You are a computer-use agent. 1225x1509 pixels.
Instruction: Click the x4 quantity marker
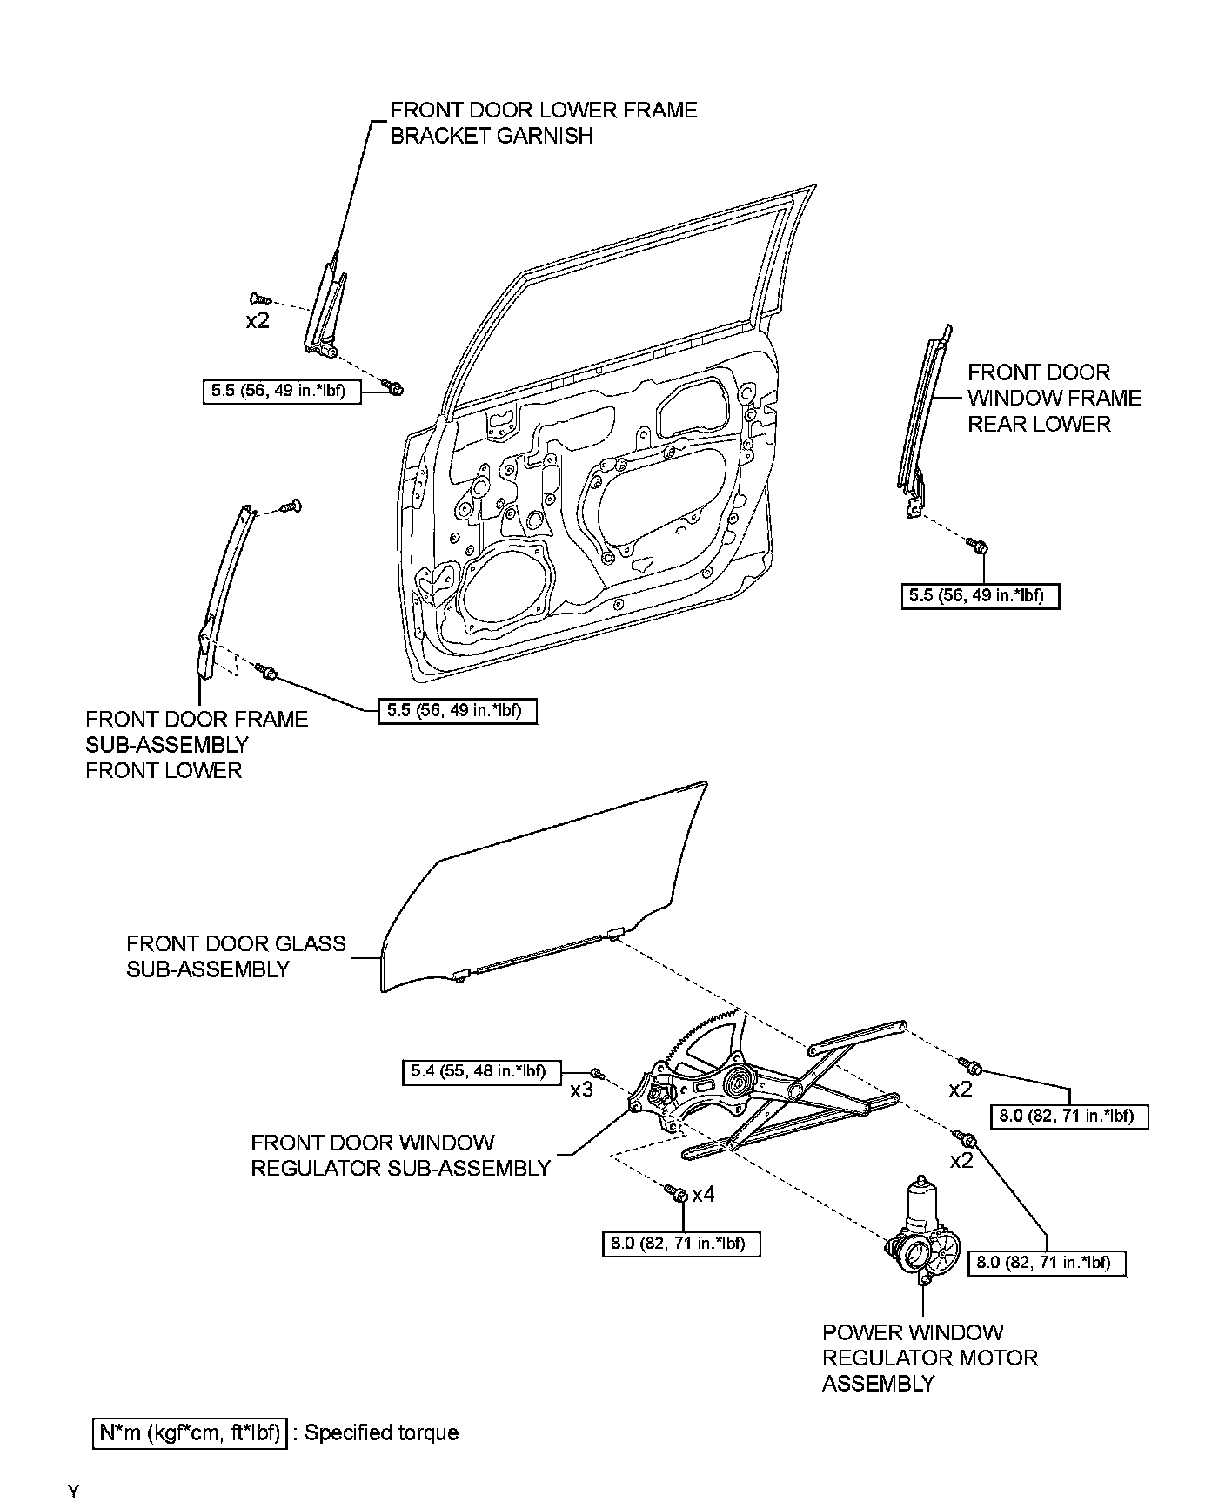(x=703, y=1194)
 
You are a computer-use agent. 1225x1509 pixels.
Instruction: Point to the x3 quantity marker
(x=581, y=1090)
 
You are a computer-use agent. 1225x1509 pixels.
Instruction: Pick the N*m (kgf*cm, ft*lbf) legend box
(x=189, y=1432)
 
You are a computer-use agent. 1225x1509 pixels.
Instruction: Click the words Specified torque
(x=381, y=1432)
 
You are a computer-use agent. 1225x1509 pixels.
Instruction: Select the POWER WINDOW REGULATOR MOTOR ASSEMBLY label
(x=929, y=1358)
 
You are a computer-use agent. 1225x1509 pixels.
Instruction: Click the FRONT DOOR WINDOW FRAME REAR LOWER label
(x=1054, y=398)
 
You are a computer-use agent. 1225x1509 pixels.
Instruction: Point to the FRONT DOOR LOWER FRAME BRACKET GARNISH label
(x=543, y=123)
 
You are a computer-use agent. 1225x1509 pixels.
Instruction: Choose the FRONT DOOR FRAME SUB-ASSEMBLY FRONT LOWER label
(x=197, y=744)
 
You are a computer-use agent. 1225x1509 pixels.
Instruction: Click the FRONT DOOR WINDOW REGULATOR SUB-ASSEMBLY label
(x=400, y=1155)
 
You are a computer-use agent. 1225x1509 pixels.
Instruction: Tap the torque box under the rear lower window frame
(x=980, y=596)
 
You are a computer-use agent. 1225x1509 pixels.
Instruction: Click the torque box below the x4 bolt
(x=680, y=1244)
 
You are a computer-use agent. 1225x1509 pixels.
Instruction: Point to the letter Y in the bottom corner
(x=73, y=1492)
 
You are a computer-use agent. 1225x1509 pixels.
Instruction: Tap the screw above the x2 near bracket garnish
(x=259, y=299)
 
